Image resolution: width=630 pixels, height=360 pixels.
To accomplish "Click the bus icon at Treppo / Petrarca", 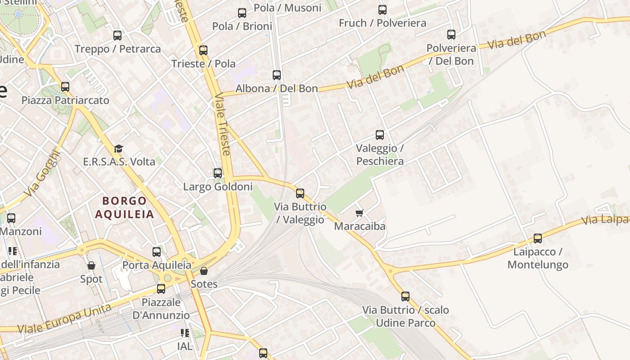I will (117, 35).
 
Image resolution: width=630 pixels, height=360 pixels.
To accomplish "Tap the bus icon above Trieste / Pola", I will (203, 50).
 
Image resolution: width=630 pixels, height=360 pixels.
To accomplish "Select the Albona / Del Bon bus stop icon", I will (277, 75).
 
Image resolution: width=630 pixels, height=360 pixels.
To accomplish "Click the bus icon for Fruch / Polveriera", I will (382, 9).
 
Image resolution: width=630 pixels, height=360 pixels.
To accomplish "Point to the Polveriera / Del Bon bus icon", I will (451, 34).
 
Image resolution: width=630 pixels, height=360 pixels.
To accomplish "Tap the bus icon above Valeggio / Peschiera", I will (380, 135).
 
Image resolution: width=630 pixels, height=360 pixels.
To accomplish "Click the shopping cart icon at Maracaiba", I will (359, 212).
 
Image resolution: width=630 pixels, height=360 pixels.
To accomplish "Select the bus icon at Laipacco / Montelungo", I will (538, 238).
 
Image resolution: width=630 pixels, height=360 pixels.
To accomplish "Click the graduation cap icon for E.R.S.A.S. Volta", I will (118, 148).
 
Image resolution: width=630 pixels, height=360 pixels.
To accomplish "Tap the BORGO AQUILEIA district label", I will (124, 207).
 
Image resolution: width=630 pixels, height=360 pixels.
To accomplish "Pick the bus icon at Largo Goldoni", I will (218, 173).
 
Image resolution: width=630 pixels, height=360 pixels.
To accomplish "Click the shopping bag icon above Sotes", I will (204, 270).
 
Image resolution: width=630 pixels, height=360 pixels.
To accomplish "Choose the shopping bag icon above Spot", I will (91, 265).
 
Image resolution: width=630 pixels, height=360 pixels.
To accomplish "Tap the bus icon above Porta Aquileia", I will (157, 252).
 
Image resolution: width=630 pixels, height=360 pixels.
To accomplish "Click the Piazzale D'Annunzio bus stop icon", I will (161, 288).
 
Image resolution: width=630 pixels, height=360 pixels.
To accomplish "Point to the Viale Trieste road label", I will (222, 124).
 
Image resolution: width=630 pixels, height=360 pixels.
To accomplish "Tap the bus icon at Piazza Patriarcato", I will (65, 86).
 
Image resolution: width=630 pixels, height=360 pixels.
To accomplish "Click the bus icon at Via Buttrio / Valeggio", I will (300, 193).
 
